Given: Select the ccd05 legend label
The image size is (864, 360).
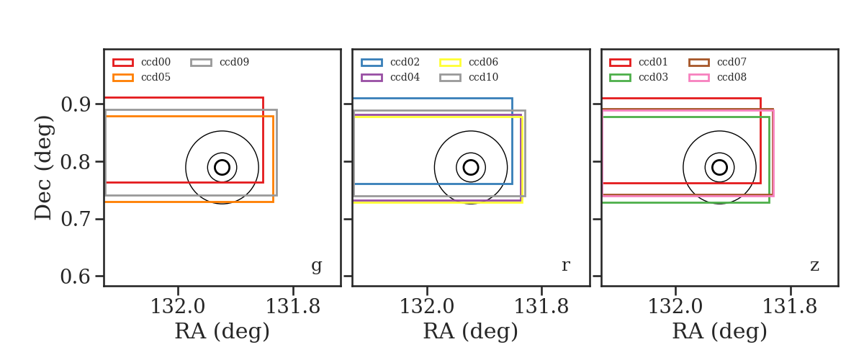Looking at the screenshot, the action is [156, 77].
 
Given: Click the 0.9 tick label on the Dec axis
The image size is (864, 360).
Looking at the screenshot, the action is [76, 104].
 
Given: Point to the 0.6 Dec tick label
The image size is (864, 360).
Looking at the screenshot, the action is [76, 276].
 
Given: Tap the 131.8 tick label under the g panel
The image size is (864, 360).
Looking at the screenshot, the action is [293, 307].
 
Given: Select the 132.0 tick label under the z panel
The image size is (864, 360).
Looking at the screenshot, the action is [675, 307].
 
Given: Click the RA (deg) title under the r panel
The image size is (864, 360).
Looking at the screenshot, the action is [471, 331].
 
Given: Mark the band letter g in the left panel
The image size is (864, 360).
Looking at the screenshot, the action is [316, 266].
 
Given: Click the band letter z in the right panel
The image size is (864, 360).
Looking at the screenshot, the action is [814, 266].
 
